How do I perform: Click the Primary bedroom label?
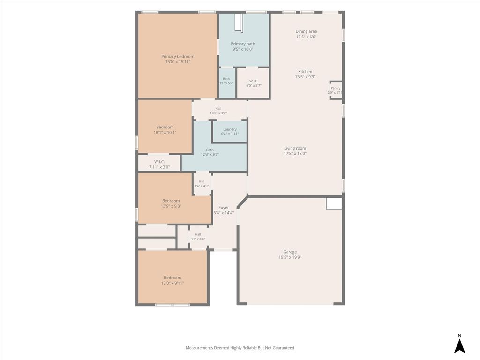pos(178,56)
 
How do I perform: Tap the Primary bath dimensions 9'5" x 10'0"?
pos(243,49)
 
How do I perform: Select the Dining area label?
pos(306,31)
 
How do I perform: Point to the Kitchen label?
pos(305,71)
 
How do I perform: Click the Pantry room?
pos(336,90)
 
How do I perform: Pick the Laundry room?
pos(230,131)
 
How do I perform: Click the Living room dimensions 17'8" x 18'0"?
pos(295,154)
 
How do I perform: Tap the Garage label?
pos(290,252)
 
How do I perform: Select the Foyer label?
pos(224,207)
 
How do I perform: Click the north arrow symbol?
pos(459,346)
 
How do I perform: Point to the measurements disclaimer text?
pos(240,348)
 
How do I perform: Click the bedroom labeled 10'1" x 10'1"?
pos(165,126)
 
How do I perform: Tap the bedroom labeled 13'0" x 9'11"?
pos(172,277)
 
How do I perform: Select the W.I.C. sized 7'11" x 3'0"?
pos(159,163)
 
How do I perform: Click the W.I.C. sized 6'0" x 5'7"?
pos(254,83)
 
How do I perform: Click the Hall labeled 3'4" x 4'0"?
pos(202,183)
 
